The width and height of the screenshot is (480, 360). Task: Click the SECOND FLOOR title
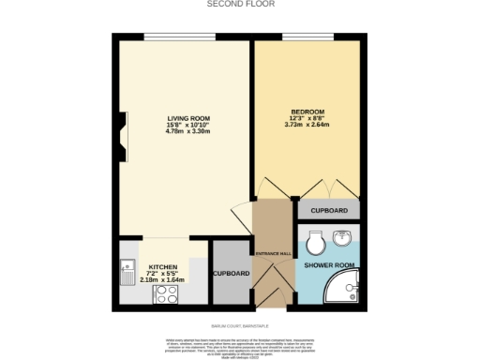tap(240, 4)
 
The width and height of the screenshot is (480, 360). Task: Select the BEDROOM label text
tap(307, 111)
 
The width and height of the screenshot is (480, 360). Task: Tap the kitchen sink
tap(126, 273)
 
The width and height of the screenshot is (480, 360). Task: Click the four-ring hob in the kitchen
tap(165, 295)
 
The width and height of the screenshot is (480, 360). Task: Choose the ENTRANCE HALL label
tap(273, 254)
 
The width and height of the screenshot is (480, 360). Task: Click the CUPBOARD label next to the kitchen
tap(231, 274)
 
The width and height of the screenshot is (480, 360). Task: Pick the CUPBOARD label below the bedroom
tap(329, 211)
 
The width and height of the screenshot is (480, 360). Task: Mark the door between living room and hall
tap(242, 214)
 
